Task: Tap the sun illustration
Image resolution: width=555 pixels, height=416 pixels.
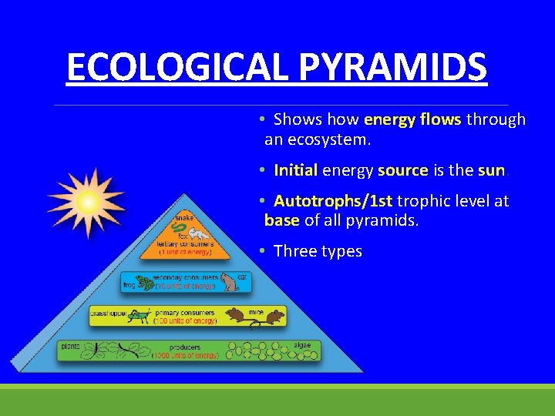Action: point(86,203)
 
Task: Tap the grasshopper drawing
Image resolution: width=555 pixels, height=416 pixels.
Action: point(140,316)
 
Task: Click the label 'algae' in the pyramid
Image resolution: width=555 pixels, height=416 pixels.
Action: point(302,346)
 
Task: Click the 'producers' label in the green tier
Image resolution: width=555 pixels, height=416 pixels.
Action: point(185,347)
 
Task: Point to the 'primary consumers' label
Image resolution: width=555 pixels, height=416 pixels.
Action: point(184,313)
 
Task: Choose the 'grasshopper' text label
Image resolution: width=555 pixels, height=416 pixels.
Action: point(108,314)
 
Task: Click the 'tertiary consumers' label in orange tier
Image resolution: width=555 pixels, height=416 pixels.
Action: point(185,244)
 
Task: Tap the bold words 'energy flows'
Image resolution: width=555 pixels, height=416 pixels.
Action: point(412,119)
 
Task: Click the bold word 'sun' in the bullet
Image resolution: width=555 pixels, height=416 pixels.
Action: point(490,169)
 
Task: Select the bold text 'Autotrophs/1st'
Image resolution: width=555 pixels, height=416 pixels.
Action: point(333,201)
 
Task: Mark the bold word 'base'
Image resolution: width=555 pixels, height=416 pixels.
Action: point(281,220)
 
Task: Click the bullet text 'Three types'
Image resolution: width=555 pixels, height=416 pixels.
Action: point(318,251)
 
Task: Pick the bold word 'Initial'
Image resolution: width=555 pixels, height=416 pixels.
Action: point(295,169)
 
